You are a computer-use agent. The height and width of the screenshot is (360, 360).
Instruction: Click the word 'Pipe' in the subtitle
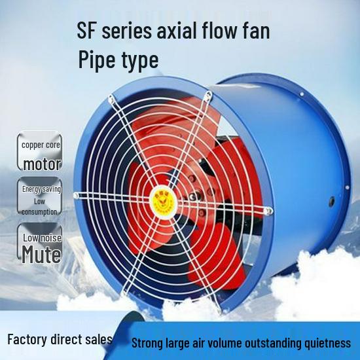pyautogui.click(x=96, y=60)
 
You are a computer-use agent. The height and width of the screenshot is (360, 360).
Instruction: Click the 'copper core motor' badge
pyautogui.click(x=40, y=151)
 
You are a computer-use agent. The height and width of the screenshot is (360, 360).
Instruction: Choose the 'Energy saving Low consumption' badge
pyautogui.click(x=40, y=196)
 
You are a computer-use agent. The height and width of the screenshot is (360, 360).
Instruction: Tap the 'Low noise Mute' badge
pyautogui.click(x=40, y=243)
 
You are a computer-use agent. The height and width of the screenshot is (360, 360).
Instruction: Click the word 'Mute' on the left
pyautogui.click(x=41, y=254)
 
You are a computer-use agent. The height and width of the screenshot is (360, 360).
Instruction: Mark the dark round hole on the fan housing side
pyautogui.click(x=332, y=202)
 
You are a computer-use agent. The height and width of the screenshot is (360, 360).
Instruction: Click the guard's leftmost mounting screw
pyautogui.click(x=76, y=196)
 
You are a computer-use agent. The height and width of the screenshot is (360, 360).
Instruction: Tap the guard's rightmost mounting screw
pyautogui.click(x=268, y=211)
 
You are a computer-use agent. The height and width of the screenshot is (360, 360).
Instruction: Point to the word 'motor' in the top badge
pyautogui.click(x=43, y=164)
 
